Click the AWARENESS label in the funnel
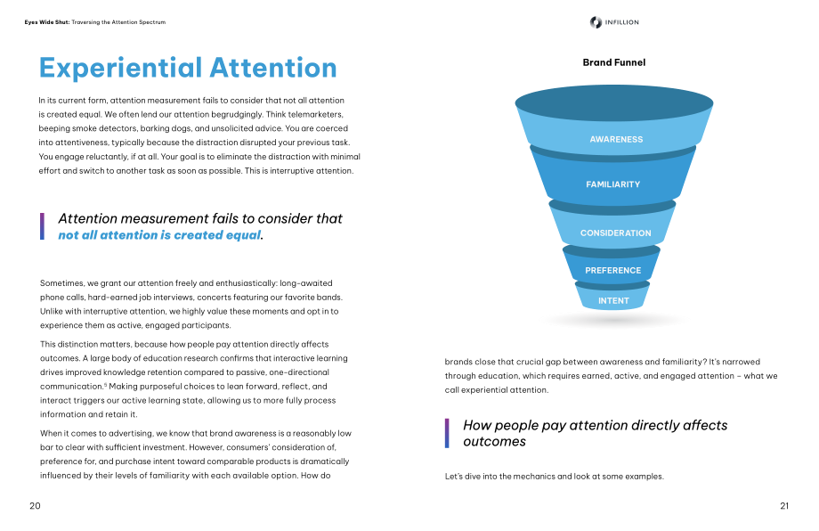pyautogui.click(x=616, y=140)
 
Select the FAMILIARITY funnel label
pyautogui.click(x=612, y=184)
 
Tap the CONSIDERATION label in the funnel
pyautogui.click(x=615, y=233)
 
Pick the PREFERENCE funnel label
pyautogui.click(x=612, y=270)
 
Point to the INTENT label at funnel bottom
pyautogui.click(x=613, y=301)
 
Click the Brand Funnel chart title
pyautogui.click(x=613, y=62)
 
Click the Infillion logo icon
pyautogui.click(x=596, y=22)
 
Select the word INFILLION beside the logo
pyautogui.click(x=621, y=22)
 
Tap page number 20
pyautogui.click(x=35, y=506)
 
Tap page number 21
pyautogui.click(x=784, y=506)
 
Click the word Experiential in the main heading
pyautogui.click(x=120, y=69)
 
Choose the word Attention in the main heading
pyautogui.click(x=273, y=68)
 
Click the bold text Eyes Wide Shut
pyautogui.click(x=47, y=22)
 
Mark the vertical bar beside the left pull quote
pyautogui.click(x=42, y=226)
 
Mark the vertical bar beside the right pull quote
pyautogui.click(x=447, y=433)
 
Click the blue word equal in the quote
pyautogui.click(x=245, y=236)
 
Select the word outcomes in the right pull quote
pyautogui.click(x=494, y=442)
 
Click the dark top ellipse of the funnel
pyautogui.click(x=613, y=103)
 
